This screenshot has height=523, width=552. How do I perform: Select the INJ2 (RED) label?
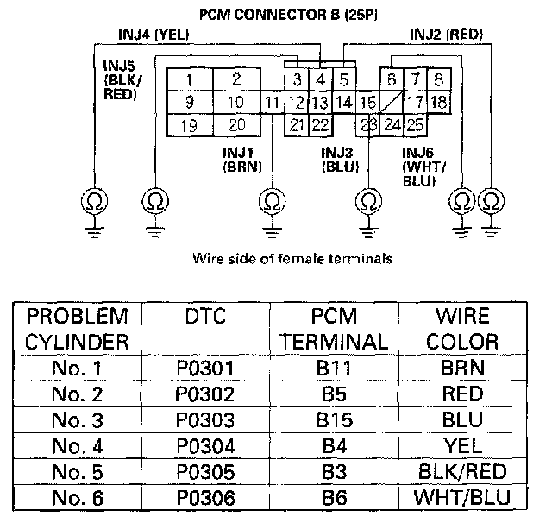[x=445, y=35]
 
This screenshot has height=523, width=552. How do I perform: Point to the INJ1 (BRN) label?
[x=242, y=159]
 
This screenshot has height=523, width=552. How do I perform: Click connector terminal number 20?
[x=235, y=125]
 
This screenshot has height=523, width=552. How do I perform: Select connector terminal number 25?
[x=414, y=125]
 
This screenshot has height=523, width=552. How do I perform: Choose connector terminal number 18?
[x=438, y=103]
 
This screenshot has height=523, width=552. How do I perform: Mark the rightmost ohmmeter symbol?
[x=492, y=202]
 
